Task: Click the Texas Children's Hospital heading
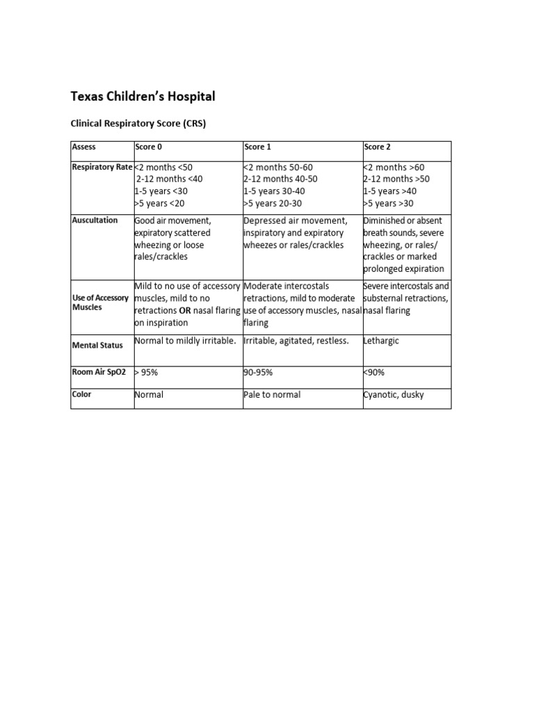pyautogui.click(x=143, y=96)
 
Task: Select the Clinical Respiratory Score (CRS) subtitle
pyautogui.click(x=138, y=124)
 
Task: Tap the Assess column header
pyautogui.click(x=83, y=147)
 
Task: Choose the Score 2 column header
pyautogui.click(x=377, y=147)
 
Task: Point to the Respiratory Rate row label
pyautogui.click(x=102, y=167)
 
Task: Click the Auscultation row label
pyautogui.click(x=95, y=220)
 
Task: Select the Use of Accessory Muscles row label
pyautogui.click(x=101, y=302)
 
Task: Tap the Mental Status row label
pyautogui.click(x=97, y=345)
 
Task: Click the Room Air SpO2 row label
pyautogui.click(x=99, y=372)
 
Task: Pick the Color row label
pyautogui.click(x=82, y=394)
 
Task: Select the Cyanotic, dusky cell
pyautogui.click(x=394, y=395)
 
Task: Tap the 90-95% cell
pyautogui.click(x=258, y=373)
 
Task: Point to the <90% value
pyautogui.click(x=373, y=373)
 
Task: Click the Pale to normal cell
pyautogui.click(x=272, y=395)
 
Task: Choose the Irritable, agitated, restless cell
pyautogui.click(x=296, y=341)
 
